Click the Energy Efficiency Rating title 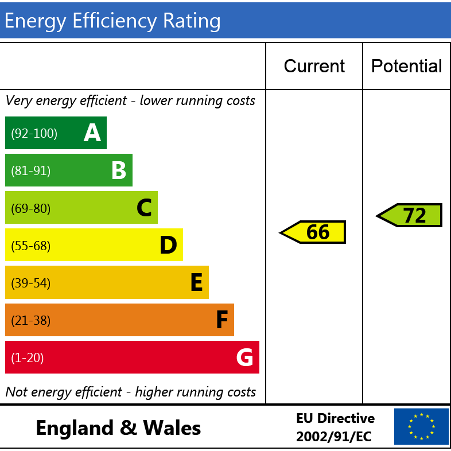(x=112, y=21)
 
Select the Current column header (x=314, y=66)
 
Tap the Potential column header (x=406, y=66)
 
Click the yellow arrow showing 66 (x=314, y=232)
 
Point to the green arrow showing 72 (x=410, y=215)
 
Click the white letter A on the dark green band (x=92, y=133)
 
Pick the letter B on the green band (x=118, y=170)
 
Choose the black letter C (x=144, y=208)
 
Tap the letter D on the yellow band (x=168, y=246)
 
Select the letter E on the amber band (x=196, y=283)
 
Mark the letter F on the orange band (x=222, y=320)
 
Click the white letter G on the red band (x=244, y=357)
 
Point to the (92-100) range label (x=34, y=134)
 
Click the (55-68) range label (x=31, y=246)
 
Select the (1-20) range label (x=28, y=358)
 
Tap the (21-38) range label (x=31, y=321)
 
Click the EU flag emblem (x=421, y=426)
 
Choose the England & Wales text (x=118, y=427)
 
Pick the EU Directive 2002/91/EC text (x=335, y=427)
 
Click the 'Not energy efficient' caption (x=131, y=392)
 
